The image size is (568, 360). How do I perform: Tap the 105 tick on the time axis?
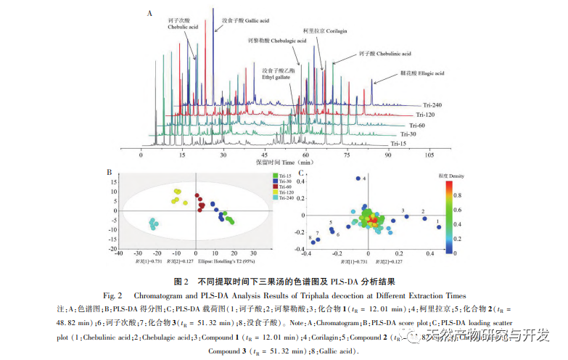(429, 155)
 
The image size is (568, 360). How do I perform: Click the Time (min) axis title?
(284, 163)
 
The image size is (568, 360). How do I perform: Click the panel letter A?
(149, 13)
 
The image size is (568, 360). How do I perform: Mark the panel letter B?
(109, 173)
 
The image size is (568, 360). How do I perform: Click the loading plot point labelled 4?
(357, 179)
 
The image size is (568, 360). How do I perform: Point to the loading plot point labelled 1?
(439, 227)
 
